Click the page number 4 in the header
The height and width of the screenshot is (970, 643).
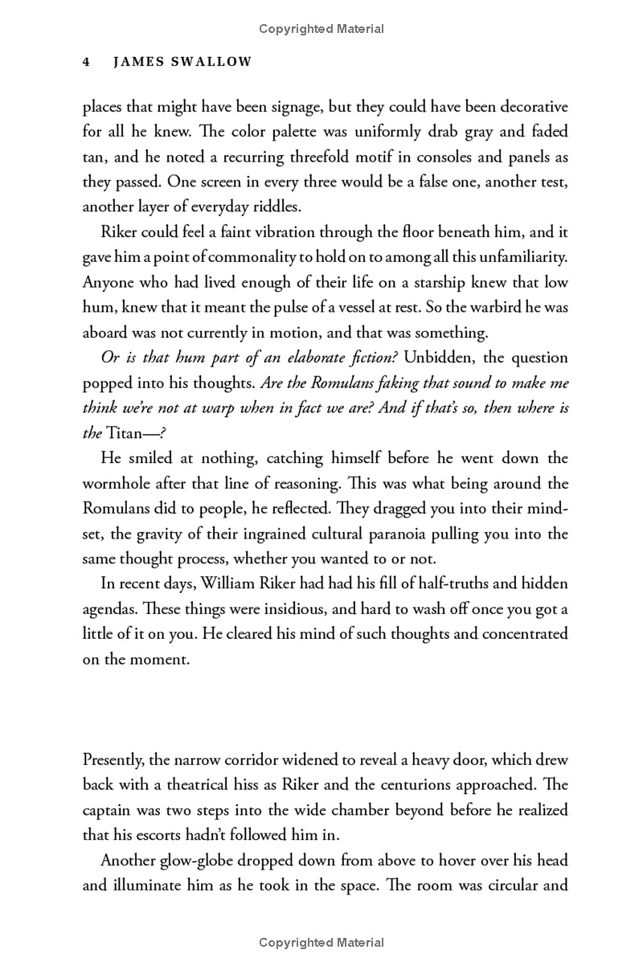pos(86,62)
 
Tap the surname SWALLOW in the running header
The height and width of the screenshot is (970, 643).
pos(215,62)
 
